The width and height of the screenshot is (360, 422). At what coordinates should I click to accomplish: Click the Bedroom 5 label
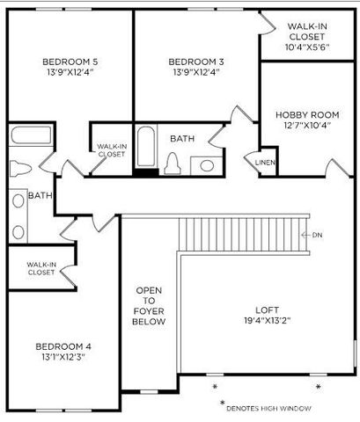70,62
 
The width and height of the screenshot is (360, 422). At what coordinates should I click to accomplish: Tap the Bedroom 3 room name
196,62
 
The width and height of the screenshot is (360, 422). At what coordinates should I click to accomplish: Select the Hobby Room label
307,115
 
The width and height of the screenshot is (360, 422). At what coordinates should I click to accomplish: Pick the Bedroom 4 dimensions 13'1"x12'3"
63,357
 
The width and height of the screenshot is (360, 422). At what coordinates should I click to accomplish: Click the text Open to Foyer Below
149,306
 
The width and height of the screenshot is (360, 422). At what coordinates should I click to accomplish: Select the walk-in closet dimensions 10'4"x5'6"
307,47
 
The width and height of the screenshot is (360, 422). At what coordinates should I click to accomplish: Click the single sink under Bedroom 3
207,164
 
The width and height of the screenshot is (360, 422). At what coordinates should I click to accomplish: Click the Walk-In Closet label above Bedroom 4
41,268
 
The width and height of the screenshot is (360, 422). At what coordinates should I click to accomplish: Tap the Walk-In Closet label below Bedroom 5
111,149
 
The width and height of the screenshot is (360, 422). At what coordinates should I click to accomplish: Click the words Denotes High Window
268,408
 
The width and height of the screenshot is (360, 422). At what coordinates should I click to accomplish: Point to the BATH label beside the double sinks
39,196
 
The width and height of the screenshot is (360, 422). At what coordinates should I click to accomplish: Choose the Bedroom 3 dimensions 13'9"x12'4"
196,72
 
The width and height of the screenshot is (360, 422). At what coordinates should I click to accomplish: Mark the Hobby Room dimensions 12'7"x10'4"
307,126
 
